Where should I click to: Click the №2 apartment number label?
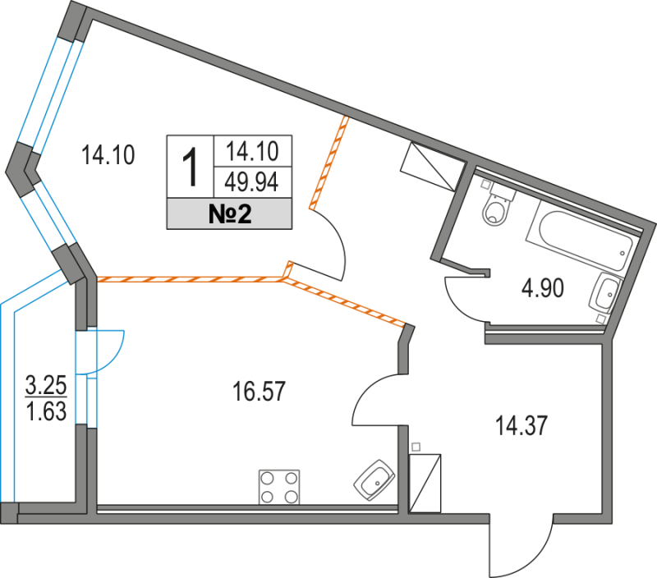point(228,215)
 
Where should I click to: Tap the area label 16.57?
point(259,392)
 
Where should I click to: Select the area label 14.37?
point(521,425)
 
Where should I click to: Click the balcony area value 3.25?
point(46,383)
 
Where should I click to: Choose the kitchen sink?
point(377,479)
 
